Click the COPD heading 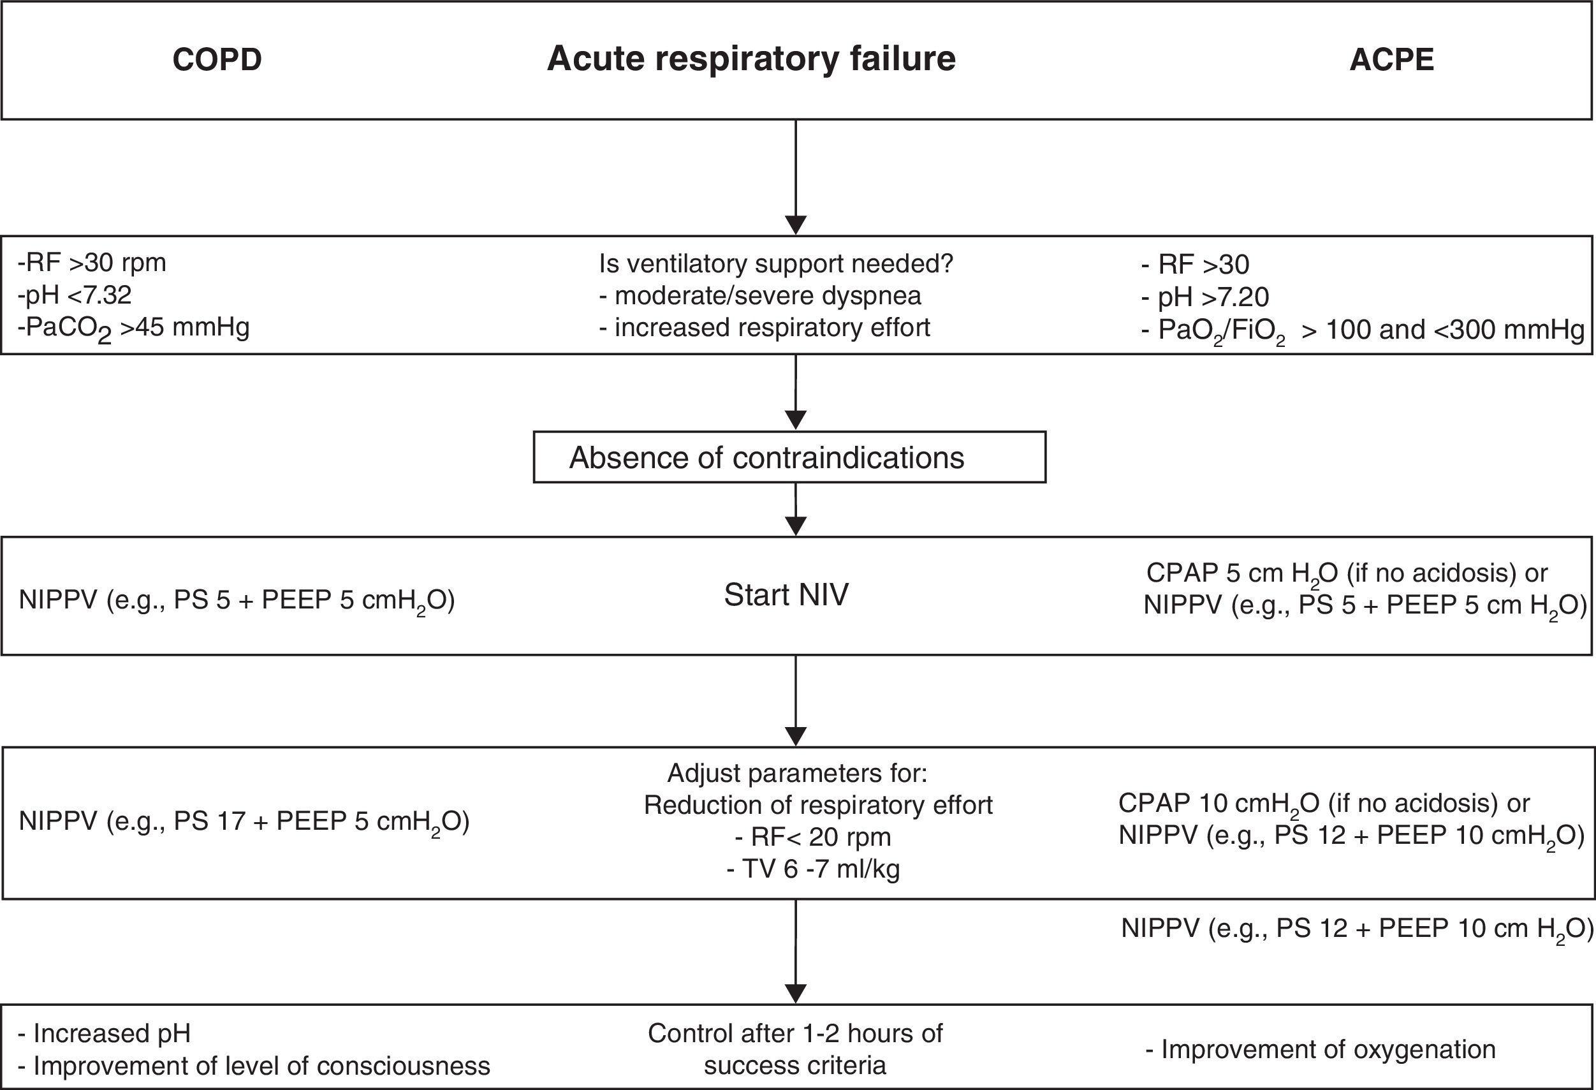click(217, 60)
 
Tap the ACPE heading click(1391, 60)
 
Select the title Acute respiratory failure click(751, 59)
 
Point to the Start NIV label click(786, 595)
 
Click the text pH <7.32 click(75, 295)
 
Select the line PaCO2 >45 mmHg click(134, 328)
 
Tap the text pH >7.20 click(1205, 297)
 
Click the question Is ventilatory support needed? click(776, 264)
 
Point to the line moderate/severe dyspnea click(760, 296)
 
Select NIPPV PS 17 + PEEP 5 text click(244, 821)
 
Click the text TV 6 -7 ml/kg click(813, 869)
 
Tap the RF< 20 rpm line click(813, 837)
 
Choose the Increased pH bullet click(104, 1033)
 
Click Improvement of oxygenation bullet click(1320, 1049)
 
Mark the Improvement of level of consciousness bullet click(254, 1066)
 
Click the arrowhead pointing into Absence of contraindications click(795, 420)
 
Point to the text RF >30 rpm click(92, 263)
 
